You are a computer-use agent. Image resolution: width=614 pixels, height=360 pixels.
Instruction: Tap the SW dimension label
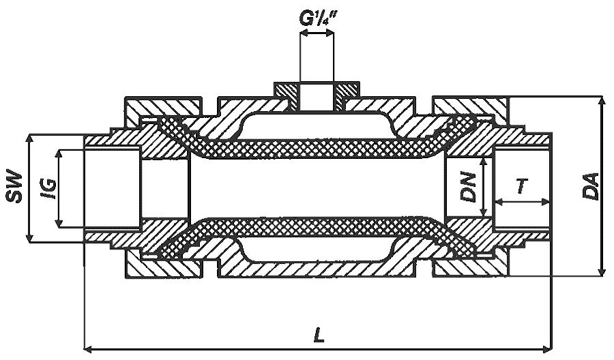(x=14, y=186)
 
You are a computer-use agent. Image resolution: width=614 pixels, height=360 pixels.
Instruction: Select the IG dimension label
(x=48, y=189)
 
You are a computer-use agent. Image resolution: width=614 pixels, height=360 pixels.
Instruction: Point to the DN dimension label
(x=469, y=187)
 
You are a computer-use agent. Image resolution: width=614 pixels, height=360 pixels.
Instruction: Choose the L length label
(x=319, y=335)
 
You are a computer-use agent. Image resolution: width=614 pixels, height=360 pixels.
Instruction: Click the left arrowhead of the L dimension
(x=89, y=348)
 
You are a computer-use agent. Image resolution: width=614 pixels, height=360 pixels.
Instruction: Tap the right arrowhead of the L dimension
(x=546, y=348)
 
